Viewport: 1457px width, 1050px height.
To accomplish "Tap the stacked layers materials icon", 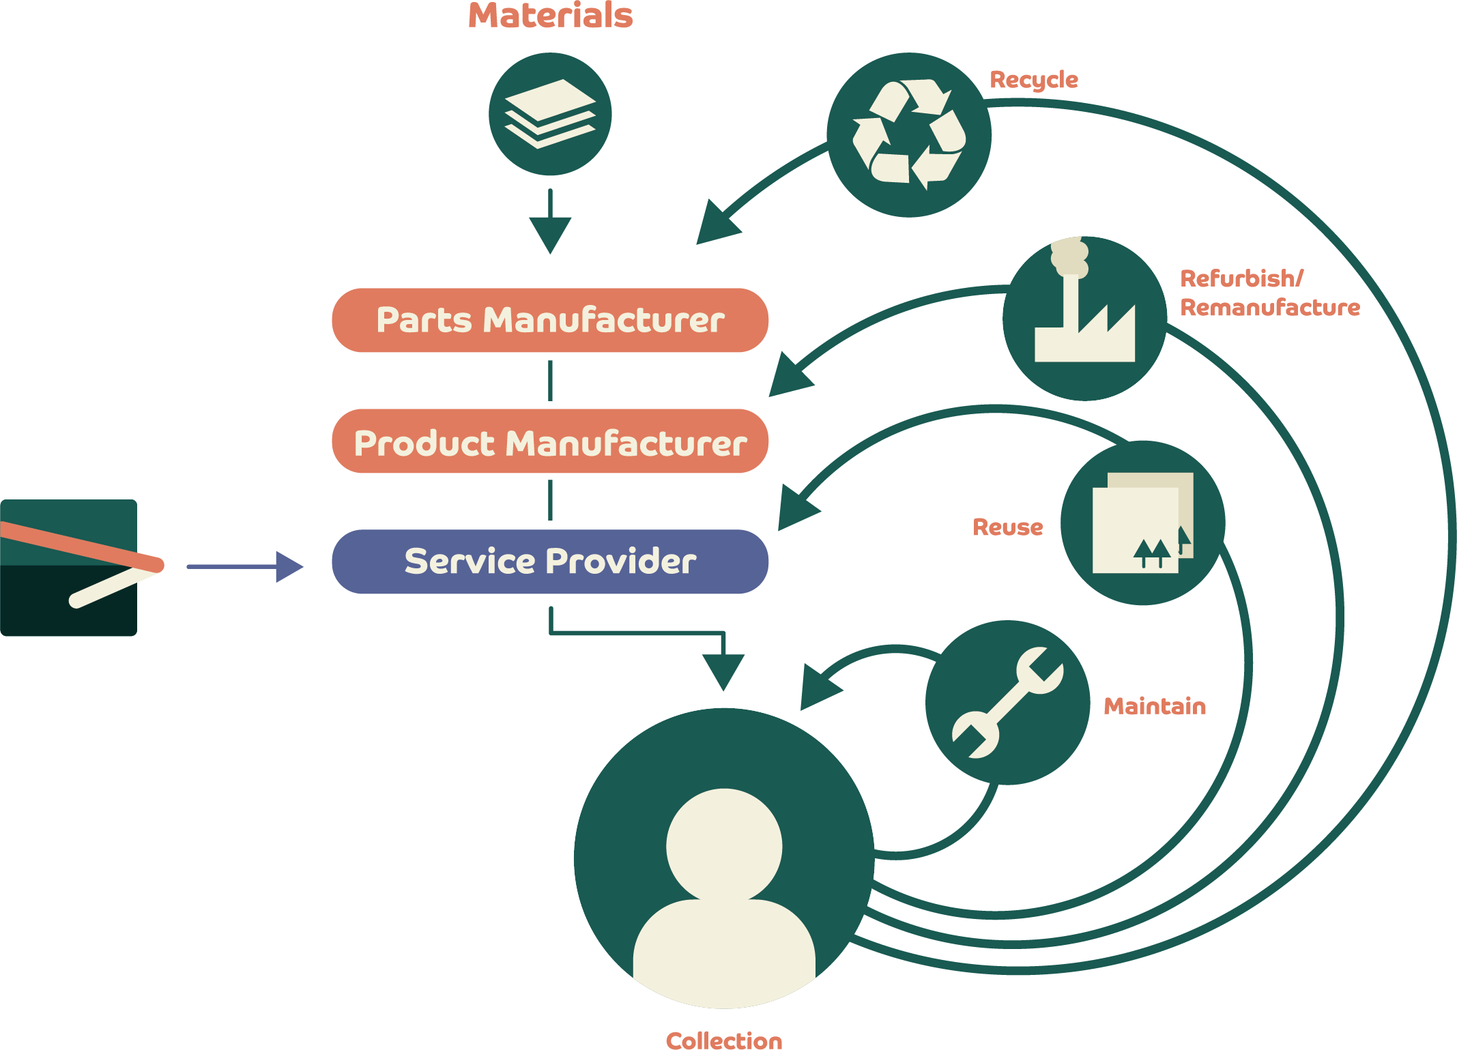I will tap(550, 113).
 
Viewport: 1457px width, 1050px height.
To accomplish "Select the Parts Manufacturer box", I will tap(550, 320).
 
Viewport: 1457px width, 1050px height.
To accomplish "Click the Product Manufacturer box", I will tap(550, 441).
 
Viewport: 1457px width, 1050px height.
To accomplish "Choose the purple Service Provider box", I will tap(550, 562).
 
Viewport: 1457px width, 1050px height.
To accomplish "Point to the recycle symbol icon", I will tap(908, 135).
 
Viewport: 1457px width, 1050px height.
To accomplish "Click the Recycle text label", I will tap(1034, 80).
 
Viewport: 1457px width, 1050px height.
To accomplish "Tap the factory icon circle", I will tap(1084, 319).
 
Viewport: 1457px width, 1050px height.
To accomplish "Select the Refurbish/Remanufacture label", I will tap(1269, 293).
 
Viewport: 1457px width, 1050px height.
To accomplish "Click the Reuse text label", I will tap(1008, 527).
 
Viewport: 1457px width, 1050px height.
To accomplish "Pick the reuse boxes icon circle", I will tap(1142, 523).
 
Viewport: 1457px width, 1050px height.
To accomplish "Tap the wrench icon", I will tap(1007, 703).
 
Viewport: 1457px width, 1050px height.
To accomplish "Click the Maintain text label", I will tap(1155, 706).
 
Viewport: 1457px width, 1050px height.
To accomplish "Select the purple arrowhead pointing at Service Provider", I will tap(289, 566).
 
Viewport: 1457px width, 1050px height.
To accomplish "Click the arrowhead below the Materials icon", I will tap(550, 234).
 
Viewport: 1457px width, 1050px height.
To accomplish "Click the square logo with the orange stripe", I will tap(69, 568).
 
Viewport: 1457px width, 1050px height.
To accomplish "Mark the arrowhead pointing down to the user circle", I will tap(723, 671).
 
